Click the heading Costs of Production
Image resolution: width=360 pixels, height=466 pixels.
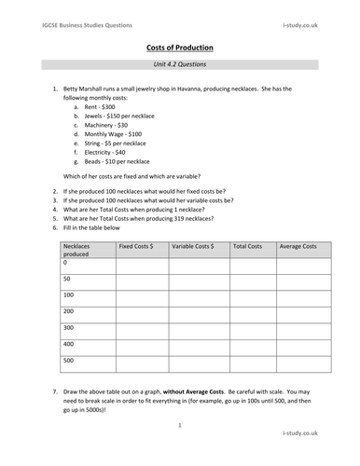pyautogui.click(x=181, y=48)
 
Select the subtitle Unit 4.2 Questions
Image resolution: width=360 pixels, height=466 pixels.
pyautogui.click(x=181, y=66)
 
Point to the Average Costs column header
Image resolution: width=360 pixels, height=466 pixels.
pyautogui.click(x=298, y=246)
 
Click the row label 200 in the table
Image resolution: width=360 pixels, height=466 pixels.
pyautogui.click(x=67, y=310)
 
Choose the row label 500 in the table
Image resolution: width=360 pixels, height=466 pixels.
pyautogui.click(x=67, y=359)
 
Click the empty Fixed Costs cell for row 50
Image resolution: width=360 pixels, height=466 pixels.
pyautogui.click(x=142, y=281)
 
